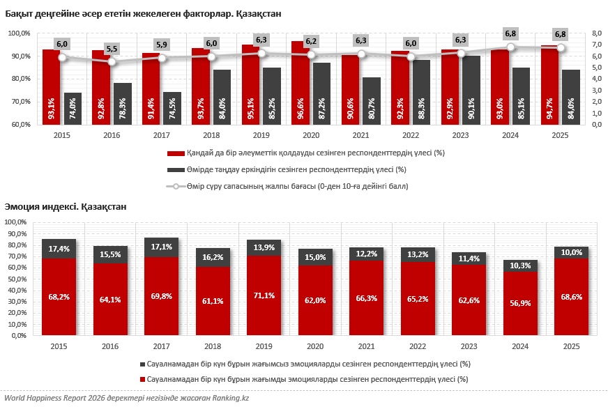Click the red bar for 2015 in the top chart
[x=51, y=87]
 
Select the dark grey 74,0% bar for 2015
[x=73, y=109]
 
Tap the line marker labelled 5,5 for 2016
[x=112, y=62]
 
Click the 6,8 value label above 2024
[x=510, y=33]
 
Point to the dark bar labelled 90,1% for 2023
[x=471, y=91]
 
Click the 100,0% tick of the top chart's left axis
[x=19, y=33]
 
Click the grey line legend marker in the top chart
[x=176, y=187]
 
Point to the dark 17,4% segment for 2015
[x=59, y=249]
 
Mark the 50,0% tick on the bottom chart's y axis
[x=15, y=279]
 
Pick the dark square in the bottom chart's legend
[x=142, y=364]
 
